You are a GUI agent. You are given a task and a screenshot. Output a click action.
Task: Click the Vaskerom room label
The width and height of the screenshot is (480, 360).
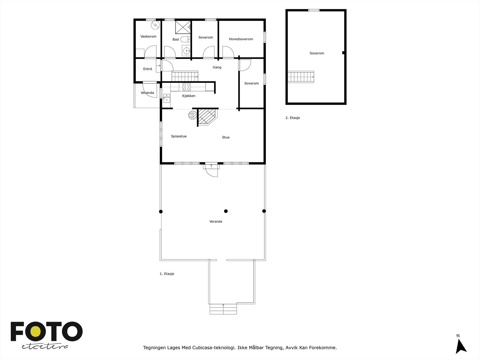[x=148, y=37]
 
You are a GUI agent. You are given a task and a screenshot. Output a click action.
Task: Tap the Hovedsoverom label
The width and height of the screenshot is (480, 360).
[x=241, y=39]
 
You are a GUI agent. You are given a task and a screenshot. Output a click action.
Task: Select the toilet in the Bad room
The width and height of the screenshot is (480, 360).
[x=186, y=39]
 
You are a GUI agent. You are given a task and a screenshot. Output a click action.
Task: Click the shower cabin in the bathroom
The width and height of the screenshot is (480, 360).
[x=183, y=27]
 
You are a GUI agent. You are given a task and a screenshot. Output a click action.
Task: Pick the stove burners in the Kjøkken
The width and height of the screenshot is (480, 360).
[x=187, y=87]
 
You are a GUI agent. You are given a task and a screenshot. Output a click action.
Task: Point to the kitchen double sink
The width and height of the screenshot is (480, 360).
[x=166, y=98]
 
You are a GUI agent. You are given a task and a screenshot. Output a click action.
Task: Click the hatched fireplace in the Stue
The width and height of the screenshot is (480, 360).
[x=207, y=116]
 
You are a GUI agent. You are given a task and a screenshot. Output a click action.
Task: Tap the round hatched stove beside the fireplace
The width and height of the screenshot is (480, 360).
[x=192, y=115]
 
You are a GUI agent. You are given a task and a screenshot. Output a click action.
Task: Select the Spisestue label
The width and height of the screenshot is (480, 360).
[x=179, y=136]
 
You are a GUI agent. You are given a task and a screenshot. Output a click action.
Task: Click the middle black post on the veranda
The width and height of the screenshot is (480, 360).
[x=226, y=211]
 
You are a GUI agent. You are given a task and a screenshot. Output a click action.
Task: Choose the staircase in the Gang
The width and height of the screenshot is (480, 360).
[x=185, y=76]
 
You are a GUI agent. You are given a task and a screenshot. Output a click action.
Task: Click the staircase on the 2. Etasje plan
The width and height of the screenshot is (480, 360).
[x=301, y=77]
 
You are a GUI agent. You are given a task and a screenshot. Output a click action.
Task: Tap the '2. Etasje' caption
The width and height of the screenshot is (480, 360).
[x=292, y=118]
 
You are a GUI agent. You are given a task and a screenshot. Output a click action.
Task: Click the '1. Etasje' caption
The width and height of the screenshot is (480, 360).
[x=167, y=274]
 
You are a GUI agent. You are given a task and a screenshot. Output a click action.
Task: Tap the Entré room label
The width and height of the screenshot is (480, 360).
[x=148, y=69]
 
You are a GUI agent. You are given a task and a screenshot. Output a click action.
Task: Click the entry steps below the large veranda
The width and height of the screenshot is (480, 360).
[x=223, y=309]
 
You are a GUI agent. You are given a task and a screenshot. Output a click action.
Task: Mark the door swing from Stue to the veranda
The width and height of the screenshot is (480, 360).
[x=212, y=171]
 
